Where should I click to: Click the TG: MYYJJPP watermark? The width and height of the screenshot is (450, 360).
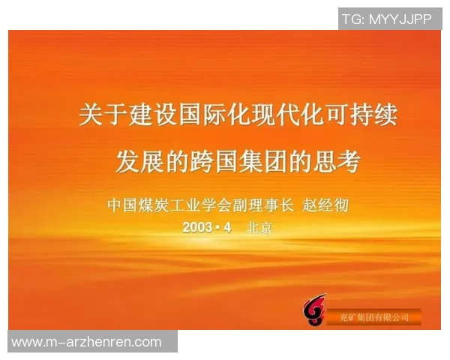(388, 19)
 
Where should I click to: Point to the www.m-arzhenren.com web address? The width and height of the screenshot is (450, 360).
(87, 342)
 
